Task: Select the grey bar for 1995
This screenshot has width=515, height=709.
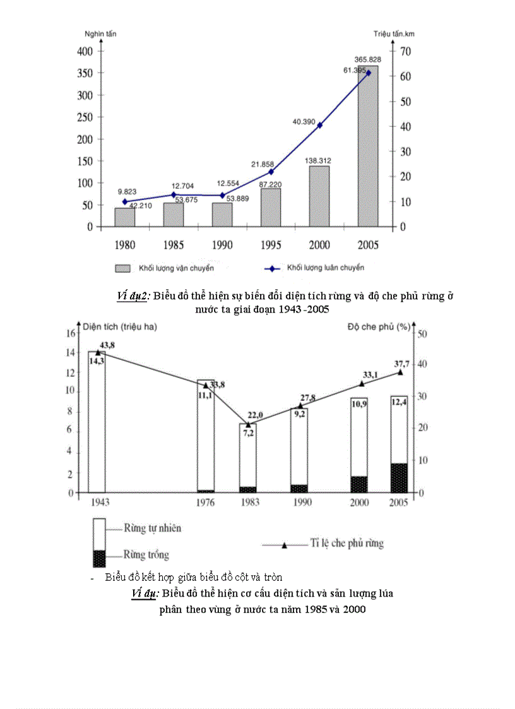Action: pyautogui.click(x=271, y=207)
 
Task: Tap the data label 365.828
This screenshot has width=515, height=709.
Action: pyautogui.click(x=367, y=59)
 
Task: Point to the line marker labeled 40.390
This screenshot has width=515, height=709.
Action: pyautogui.click(x=319, y=125)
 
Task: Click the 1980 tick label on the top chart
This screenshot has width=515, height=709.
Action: pyautogui.click(x=125, y=244)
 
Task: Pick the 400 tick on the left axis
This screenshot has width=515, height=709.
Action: pyautogui.click(x=85, y=51)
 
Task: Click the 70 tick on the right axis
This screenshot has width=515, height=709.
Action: pyautogui.click(x=405, y=51)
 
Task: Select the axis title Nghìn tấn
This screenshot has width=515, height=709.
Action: pyautogui.click(x=100, y=33)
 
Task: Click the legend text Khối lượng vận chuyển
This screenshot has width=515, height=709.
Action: pyautogui.click(x=176, y=268)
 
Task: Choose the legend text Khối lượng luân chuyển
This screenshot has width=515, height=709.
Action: pyautogui.click(x=325, y=268)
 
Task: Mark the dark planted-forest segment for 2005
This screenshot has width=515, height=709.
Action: pyautogui.click(x=398, y=477)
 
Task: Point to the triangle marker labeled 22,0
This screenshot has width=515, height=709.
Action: pyautogui.click(x=248, y=425)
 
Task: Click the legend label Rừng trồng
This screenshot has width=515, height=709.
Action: pyautogui.click(x=147, y=555)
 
